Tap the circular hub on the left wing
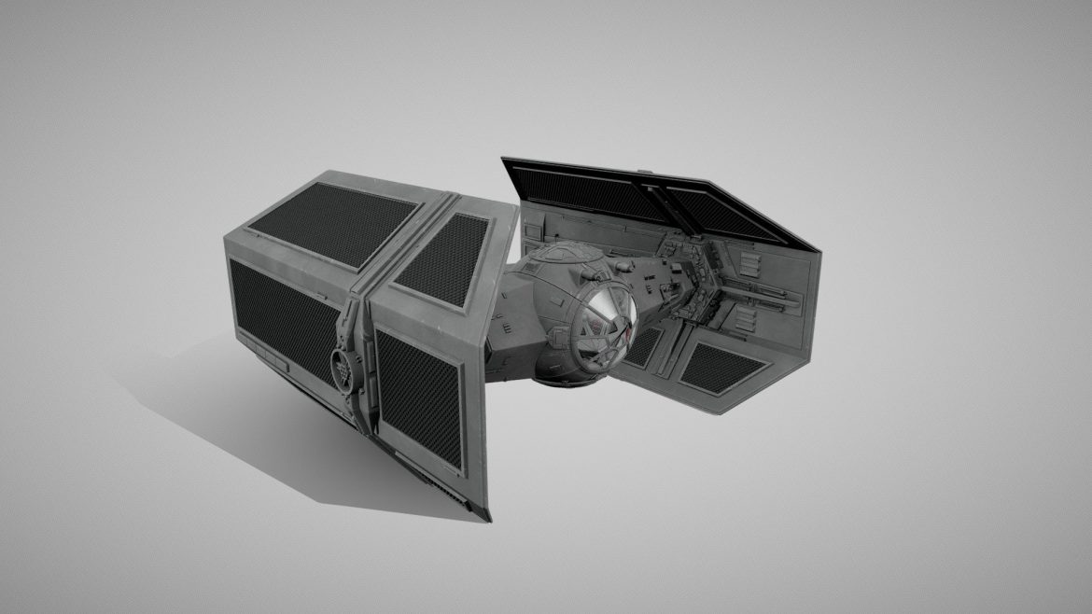coord(345,365)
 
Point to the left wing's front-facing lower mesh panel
coord(418,397)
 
